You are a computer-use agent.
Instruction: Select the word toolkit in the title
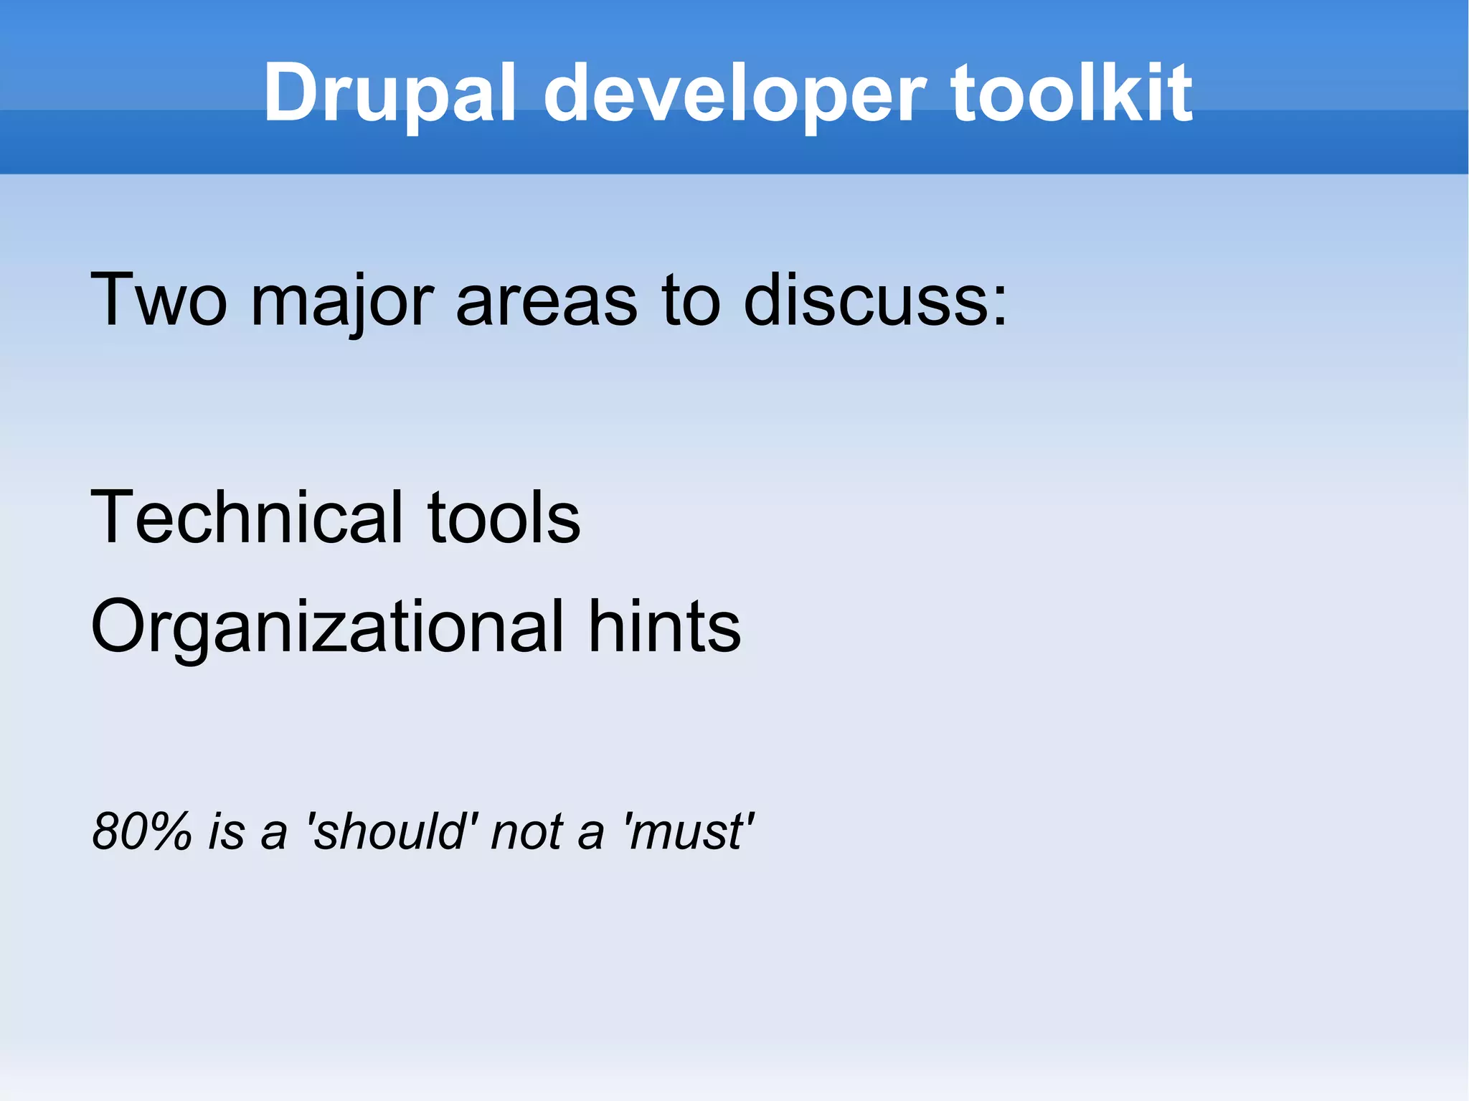click(1072, 93)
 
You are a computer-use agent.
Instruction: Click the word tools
click(504, 518)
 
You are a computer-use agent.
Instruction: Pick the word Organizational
click(327, 628)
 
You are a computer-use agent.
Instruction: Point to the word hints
click(664, 627)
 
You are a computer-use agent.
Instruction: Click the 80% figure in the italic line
click(142, 832)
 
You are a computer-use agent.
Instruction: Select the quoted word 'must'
click(689, 832)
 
